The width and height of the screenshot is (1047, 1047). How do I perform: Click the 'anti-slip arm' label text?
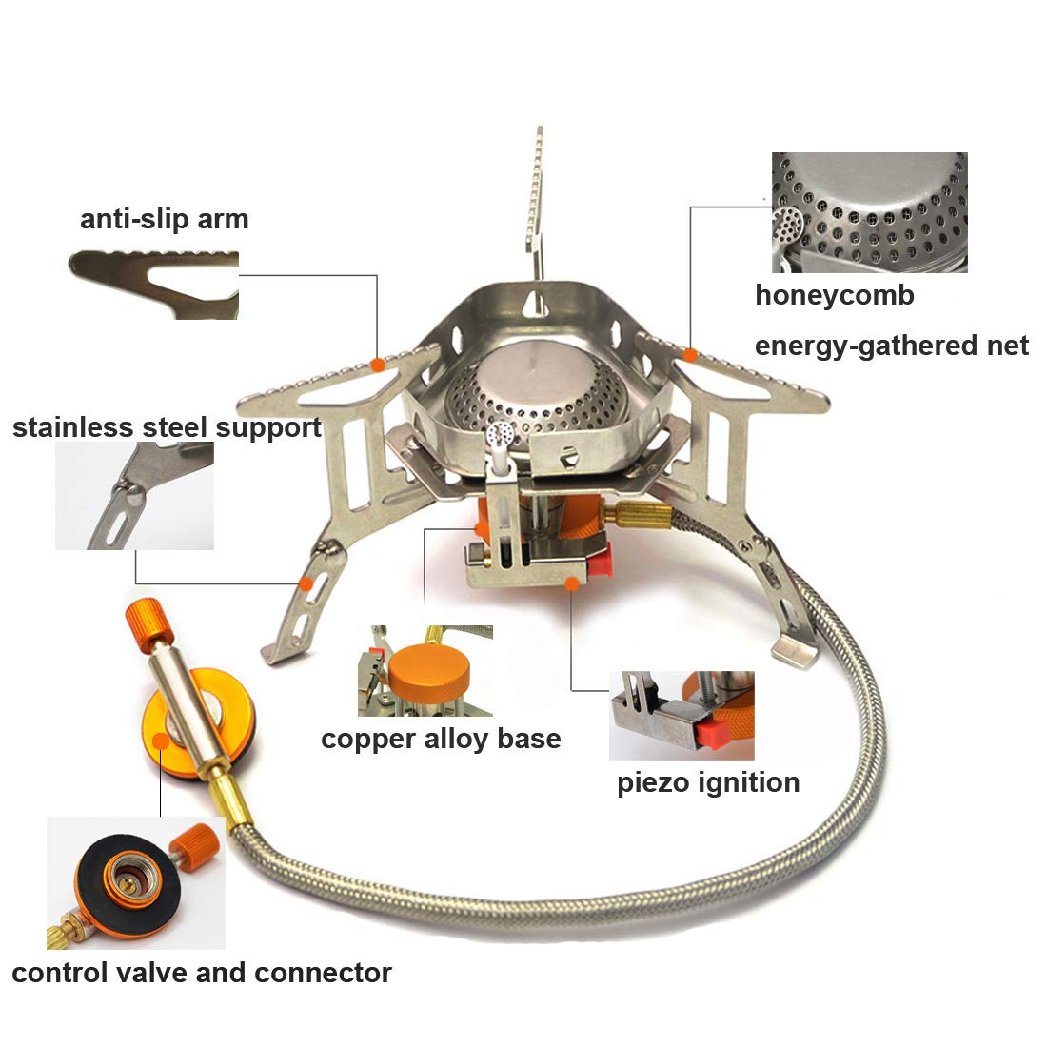(x=164, y=219)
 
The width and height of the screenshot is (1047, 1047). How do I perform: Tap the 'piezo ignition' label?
(x=708, y=782)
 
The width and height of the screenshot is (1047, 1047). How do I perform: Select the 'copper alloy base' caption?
(x=441, y=739)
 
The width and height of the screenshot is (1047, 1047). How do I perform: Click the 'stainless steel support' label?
(x=167, y=427)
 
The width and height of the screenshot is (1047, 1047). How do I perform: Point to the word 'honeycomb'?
(x=834, y=295)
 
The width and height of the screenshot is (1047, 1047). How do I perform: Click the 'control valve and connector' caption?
(x=202, y=973)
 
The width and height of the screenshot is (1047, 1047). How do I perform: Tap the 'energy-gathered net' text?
(x=891, y=345)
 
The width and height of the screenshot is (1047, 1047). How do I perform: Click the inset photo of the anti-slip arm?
(x=153, y=285)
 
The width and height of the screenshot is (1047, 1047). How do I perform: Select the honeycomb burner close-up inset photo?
(x=869, y=212)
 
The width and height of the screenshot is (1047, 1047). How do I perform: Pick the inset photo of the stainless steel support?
(x=134, y=496)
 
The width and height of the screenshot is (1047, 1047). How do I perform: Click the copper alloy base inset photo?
(x=425, y=671)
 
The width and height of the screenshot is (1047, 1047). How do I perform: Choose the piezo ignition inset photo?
(x=682, y=715)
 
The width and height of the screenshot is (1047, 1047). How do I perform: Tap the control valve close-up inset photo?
(x=135, y=882)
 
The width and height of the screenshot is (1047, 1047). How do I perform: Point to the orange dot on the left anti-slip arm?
(x=378, y=365)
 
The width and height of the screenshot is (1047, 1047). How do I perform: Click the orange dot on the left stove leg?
(x=306, y=583)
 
